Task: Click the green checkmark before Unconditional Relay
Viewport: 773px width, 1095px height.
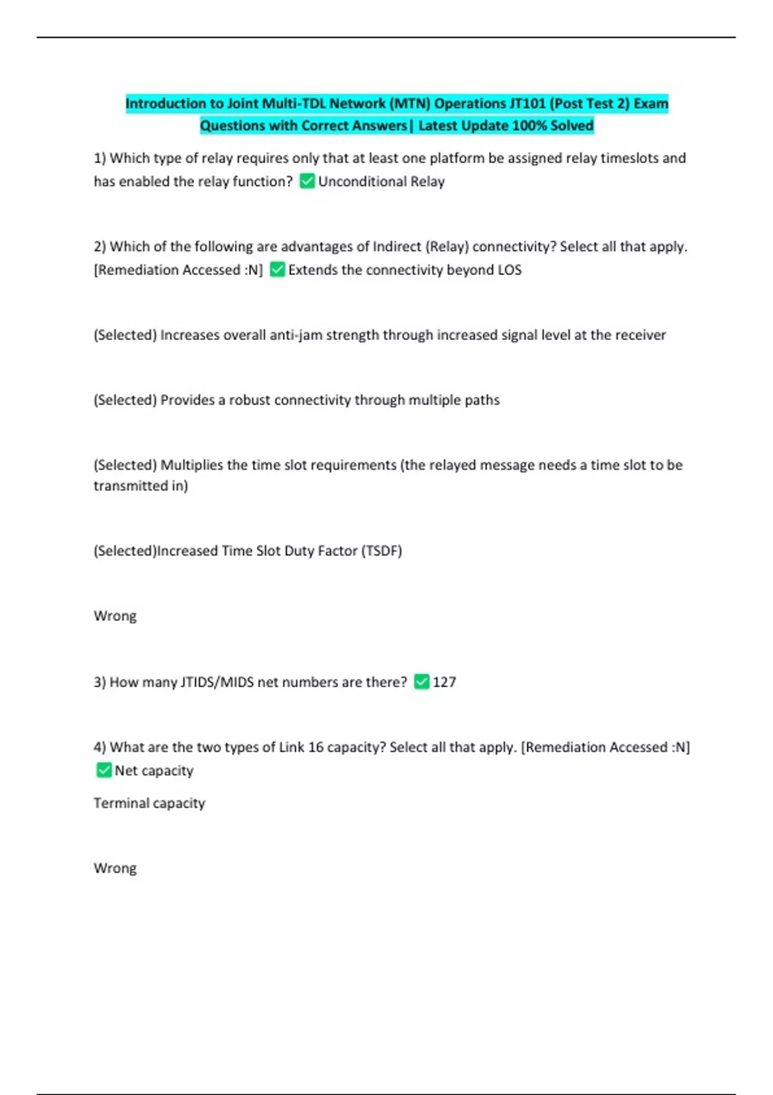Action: (x=307, y=182)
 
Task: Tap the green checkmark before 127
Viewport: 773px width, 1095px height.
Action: (x=421, y=681)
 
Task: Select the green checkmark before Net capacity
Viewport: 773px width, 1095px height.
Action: (x=104, y=770)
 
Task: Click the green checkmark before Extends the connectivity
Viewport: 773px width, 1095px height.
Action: (x=277, y=270)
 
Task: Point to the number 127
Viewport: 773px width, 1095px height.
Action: (x=444, y=682)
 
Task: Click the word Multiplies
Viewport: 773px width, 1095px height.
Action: (x=191, y=465)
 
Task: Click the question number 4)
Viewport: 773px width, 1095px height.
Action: (x=100, y=747)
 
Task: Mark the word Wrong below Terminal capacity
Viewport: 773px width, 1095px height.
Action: (x=115, y=868)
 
